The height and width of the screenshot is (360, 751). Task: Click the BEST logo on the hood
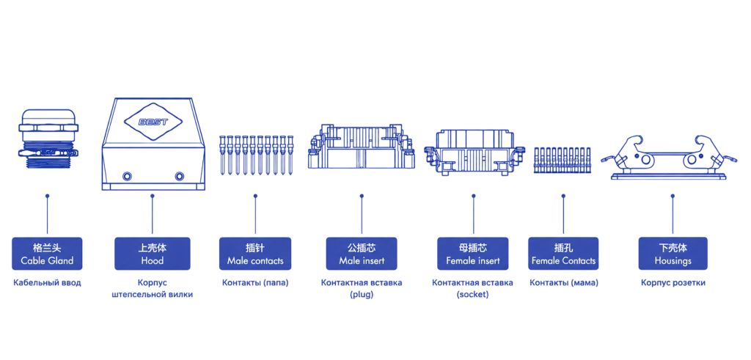[153, 122]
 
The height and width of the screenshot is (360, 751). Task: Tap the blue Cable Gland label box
[47, 254]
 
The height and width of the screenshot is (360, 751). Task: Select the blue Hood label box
[153, 254]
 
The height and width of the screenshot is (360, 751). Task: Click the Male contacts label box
[255, 254]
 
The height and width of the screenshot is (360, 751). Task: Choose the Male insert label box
[362, 254]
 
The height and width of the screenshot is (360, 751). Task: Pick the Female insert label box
[473, 254]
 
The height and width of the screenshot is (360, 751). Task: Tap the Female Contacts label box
[563, 254]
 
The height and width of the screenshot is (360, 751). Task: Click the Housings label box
[673, 254]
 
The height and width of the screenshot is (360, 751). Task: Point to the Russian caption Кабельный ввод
[47, 283]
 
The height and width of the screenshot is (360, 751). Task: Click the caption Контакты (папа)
[255, 283]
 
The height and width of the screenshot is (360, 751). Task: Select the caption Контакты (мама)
[564, 283]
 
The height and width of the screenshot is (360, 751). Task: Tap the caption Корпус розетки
[673, 283]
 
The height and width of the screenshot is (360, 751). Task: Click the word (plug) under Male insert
[362, 295]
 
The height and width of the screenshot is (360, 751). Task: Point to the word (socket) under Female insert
[473, 295]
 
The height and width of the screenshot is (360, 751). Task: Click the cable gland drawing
[48, 139]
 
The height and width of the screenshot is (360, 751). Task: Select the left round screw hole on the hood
[127, 176]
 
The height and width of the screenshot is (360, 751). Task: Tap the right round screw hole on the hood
[180, 176]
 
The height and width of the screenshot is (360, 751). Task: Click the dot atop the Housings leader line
[673, 196]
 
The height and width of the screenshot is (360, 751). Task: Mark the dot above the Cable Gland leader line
[47, 196]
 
